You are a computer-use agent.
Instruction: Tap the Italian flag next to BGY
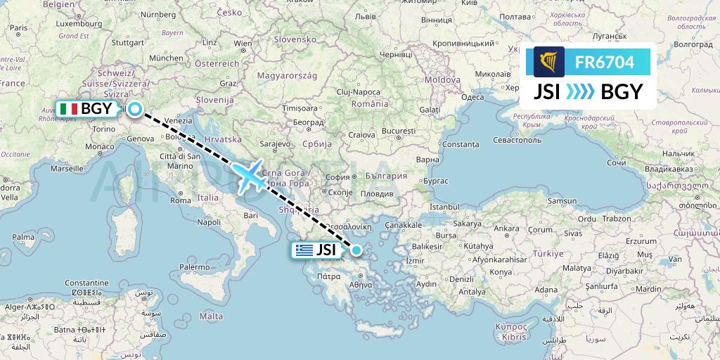click(x=68, y=109)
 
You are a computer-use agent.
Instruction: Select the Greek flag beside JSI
click(x=304, y=250)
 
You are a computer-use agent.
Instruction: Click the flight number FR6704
click(x=604, y=63)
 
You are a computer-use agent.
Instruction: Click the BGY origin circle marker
click(x=134, y=109)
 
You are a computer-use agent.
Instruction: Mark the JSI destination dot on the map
click(x=356, y=250)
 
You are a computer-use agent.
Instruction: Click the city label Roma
click(x=181, y=200)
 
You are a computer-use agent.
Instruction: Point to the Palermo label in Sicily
click(x=193, y=267)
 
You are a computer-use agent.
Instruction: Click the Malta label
click(x=211, y=316)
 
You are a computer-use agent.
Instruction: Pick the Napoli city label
click(x=209, y=221)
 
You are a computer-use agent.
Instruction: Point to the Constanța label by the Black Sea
click(x=461, y=143)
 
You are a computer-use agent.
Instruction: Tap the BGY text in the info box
click(x=618, y=92)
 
